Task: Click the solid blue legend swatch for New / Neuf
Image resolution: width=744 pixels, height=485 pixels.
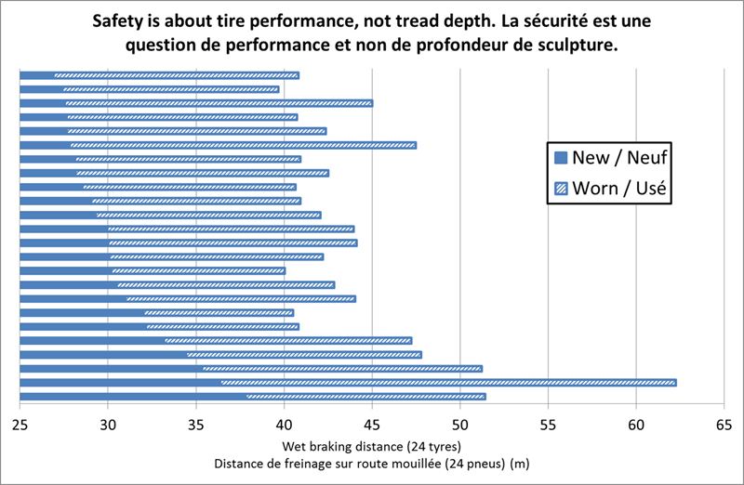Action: [559, 158]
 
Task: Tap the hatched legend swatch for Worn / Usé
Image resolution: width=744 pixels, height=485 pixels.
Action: [559, 190]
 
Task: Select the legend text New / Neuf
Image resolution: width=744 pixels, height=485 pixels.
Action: [618, 158]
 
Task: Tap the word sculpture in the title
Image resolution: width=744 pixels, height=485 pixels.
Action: [576, 45]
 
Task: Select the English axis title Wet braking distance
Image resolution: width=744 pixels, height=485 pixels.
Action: [371, 444]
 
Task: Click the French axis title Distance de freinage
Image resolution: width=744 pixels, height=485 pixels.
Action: [372, 463]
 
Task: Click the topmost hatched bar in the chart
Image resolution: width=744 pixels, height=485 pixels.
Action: [177, 75]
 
